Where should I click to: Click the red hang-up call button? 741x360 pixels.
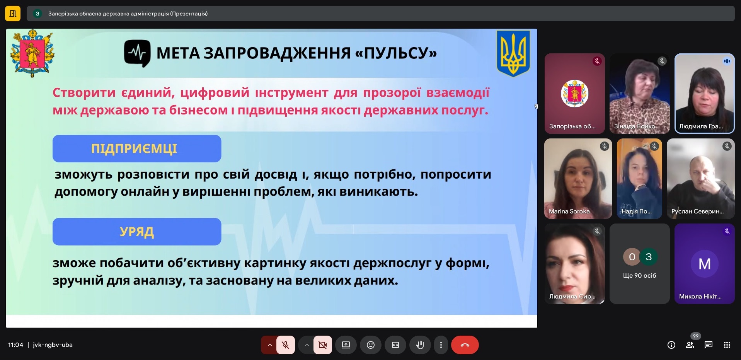[x=465, y=345]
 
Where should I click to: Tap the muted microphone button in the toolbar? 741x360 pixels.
[x=286, y=345]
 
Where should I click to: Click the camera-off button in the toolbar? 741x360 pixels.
[x=322, y=345]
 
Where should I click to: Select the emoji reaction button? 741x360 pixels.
[x=370, y=345]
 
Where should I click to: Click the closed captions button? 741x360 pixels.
[x=395, y=345]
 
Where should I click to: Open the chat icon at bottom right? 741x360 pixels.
[x=708, y=345]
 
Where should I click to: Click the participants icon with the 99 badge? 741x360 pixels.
[x=690, y=345]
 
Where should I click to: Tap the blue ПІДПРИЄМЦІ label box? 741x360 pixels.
[x=137, y=148]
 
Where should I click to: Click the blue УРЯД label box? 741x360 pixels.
[x=137, y=232]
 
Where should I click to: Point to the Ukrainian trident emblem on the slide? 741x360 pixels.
[x=513, y=53]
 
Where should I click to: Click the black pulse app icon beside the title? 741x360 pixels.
[x=137, y=53]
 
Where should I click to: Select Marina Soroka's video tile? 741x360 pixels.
[x=578, y=178]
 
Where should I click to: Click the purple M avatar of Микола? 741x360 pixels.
[x=704, y=264]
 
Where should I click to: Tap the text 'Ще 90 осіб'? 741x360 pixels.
[x=639, y=276]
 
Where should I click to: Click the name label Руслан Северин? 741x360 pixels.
[x=697, y=212]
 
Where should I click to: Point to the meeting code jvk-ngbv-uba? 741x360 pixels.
[x=53, y=345]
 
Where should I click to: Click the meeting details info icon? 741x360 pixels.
[x=671, y=345]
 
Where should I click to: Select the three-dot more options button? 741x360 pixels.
[x=441, y=345]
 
